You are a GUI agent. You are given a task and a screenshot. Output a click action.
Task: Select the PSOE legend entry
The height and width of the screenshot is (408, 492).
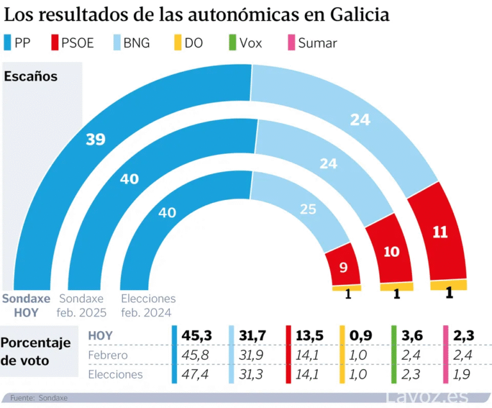(71, 44)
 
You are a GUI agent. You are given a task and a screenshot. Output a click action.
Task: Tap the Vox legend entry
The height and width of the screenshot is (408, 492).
(245, 44)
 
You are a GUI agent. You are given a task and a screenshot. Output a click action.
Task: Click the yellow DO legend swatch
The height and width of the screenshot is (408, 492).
(176, 44)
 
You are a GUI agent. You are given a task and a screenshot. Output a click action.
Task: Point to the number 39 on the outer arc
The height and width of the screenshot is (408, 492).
(95, 139)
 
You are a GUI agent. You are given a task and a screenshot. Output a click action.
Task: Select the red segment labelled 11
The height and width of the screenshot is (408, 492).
(440, 233)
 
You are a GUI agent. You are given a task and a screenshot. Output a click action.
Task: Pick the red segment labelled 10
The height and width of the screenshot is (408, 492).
(391, 252)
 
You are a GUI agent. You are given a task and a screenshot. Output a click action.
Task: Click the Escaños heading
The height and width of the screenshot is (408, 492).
(31, 76)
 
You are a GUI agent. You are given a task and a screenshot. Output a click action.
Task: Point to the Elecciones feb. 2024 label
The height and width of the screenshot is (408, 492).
(148, 306)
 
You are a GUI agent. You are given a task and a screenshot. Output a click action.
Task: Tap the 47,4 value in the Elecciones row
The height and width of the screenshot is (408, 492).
(197, 375)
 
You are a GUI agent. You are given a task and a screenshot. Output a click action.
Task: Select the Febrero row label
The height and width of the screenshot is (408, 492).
(108, 355)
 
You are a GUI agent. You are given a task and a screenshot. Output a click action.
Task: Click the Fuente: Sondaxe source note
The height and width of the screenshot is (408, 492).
(38, 398)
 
